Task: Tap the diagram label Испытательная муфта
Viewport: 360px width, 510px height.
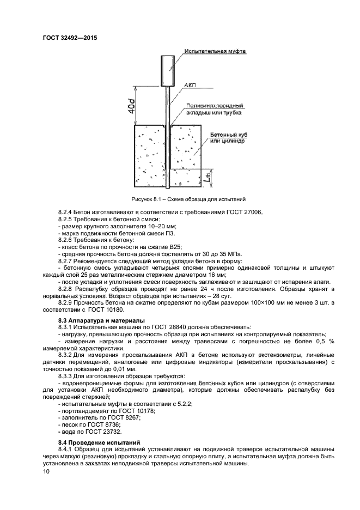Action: (216, 51)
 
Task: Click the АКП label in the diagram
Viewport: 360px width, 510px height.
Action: (191, 86)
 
